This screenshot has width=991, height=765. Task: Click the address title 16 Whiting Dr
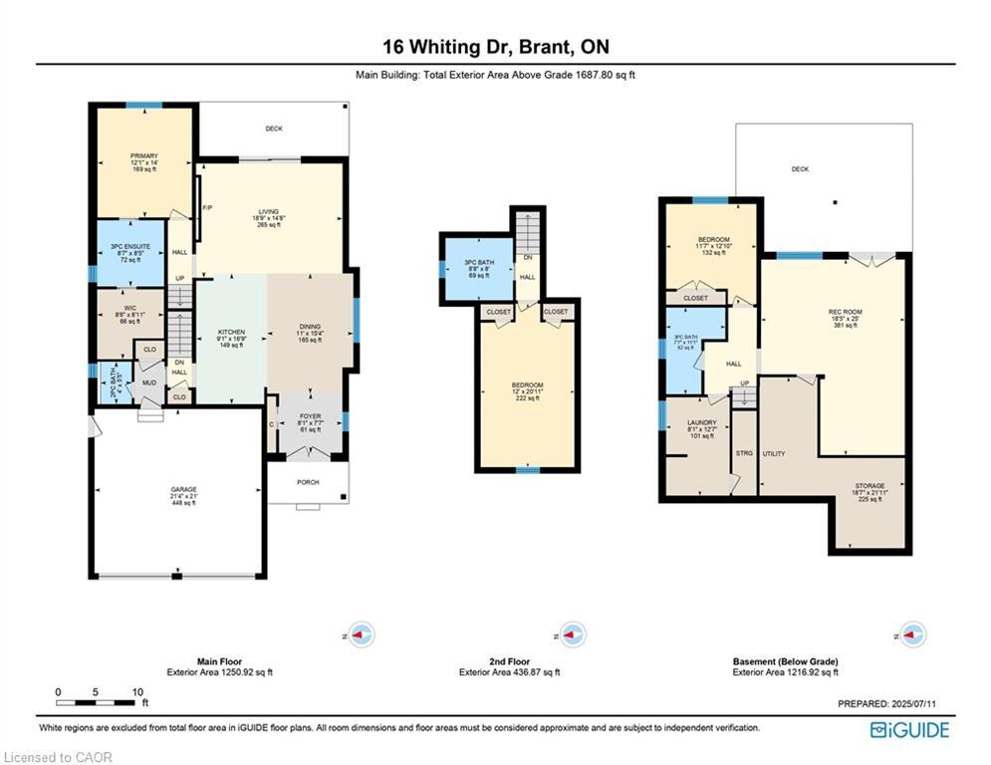pos(495,47)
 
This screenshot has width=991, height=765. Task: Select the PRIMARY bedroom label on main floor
pos(143,156)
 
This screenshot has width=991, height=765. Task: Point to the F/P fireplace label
pos(208,207)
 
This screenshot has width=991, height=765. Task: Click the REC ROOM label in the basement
pos(845,312)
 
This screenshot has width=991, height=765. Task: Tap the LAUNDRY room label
pos(701,423)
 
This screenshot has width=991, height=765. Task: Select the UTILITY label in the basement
pos(774,453)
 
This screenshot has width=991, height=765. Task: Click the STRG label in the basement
pos(744,453)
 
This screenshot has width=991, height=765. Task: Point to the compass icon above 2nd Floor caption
pos(572,635)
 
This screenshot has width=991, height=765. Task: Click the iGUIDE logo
pos(909,730)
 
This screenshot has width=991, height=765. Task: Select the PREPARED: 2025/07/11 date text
pos(887,704)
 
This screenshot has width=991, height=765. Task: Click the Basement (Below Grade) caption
pos(785,661)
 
